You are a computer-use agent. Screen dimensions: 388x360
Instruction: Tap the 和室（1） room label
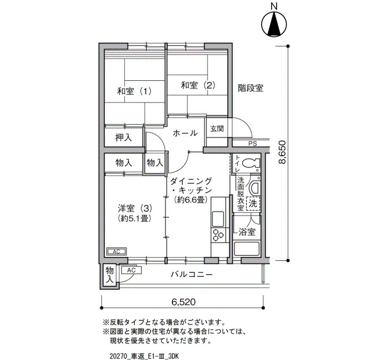tap(134, 91)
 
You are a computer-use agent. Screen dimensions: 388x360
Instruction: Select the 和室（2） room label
tap(198, 85)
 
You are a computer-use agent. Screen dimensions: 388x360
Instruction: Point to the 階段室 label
tap(251, 88)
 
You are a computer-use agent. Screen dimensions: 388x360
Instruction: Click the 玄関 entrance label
tap(217, 128)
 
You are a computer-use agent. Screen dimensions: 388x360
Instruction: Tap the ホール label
tap(185, 133)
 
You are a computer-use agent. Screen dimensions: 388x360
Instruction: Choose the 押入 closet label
tap(124, 137)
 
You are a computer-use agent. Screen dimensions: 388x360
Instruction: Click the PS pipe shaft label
tap(253, 143)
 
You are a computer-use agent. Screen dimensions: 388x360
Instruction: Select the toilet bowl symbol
tap(251, 163)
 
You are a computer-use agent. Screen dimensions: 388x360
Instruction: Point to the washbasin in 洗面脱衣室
tap(254, 188)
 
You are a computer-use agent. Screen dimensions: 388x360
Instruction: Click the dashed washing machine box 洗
tap(253, 204)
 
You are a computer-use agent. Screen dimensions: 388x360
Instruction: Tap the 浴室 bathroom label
tap(247, 232)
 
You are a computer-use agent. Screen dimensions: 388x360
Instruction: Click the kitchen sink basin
tap(218, 219)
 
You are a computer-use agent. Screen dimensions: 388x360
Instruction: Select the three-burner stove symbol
tap(218, 235)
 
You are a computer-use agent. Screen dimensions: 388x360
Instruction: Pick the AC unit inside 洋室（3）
tap(116, 251)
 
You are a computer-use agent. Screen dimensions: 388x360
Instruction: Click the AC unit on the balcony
tap(131, 270)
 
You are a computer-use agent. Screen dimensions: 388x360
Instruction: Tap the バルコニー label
tap(192, 275)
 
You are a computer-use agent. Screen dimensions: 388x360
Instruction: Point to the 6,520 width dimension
tap(183, 302)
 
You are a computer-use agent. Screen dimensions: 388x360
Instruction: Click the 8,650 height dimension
tap(282, 152)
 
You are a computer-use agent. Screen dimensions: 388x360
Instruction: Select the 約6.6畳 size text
tap(191, 199)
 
